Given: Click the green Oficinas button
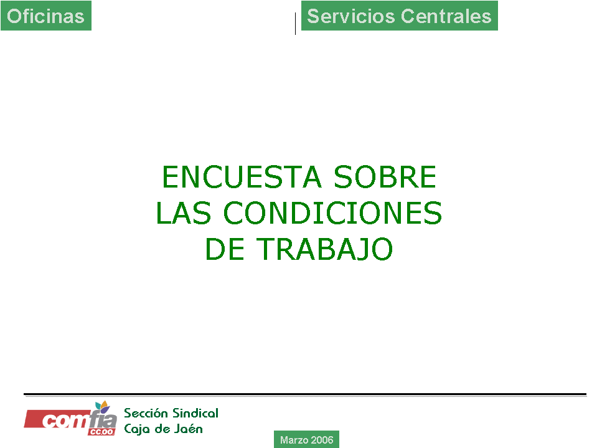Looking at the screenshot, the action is pyautogui.click(x=46, y=16).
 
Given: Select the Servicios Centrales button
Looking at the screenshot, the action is pyautogui.click(x=400, y=16).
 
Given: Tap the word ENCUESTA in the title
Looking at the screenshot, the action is pyautogui.click(x=242, y=177).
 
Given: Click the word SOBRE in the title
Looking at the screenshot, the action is pyautogui.click(x=385, y=177).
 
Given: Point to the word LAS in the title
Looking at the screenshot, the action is pyautogui.click(x=184, y=213).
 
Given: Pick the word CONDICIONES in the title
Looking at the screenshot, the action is pyautogui.click(x=333, y=213).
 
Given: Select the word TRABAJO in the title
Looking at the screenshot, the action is pyautogui.click(x=324, y=249).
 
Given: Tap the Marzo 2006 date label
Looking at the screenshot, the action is pyautogui.click(x=306, y=440).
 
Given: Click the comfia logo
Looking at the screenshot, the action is pyautogui.click(x=70, y=419).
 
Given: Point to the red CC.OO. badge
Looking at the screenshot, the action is pyautogui.click(x=101, y=432).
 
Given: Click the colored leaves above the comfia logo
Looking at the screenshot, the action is pyautogui.click(x=102, y=406).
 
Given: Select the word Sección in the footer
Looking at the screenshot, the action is pyautogui.click(x=146, y=413).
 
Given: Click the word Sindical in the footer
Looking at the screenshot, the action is pyautogui.click(x=195, y=413).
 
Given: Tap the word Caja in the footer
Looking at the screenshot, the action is pyautogui.click(x=136, y=429).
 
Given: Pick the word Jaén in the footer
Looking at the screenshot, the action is pyautogui.click(x=189, y=429).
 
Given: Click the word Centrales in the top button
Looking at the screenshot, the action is pyautogui.click(x=446, y=16).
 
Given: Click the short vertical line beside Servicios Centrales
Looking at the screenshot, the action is pyautogui.click(x=295, y=24).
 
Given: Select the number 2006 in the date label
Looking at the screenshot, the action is pyautogui.click(x=322, y=440).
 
